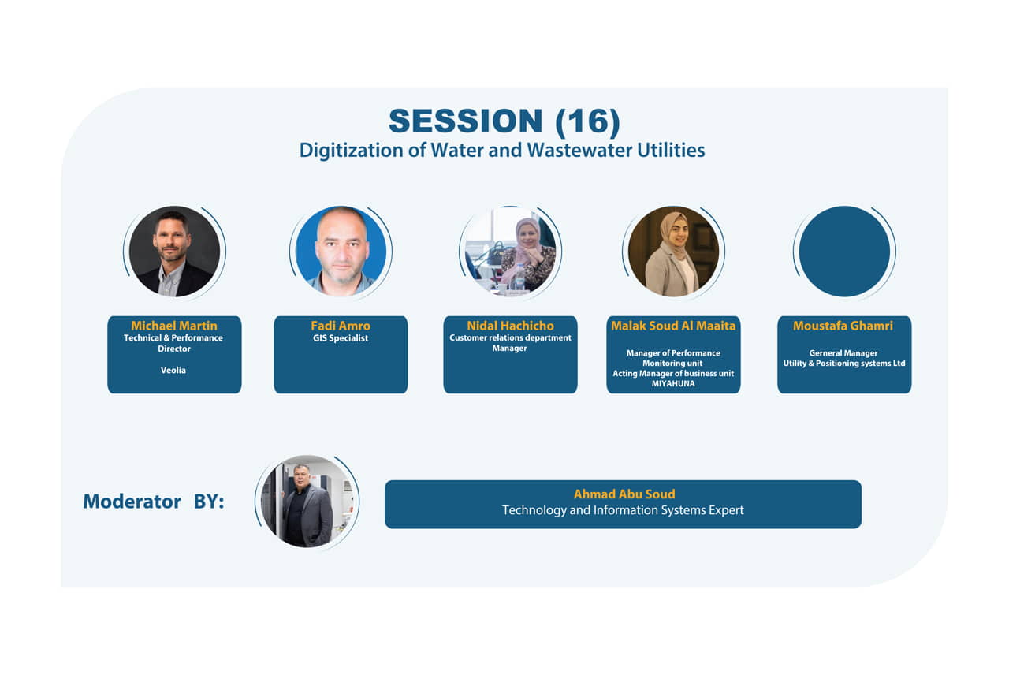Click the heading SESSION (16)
click(x=504, y=121)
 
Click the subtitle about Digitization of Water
click(x=502, y=151)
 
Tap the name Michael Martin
click(x=174, y=326)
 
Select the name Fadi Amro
click(x=341, y=326)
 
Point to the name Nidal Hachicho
click(x=510, y=326)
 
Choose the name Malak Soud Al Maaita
click(x=673, y=326)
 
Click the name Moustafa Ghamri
click(x=843, y=326)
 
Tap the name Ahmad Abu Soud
click(x=624, y=494)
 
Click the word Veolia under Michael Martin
click(x=173, y=370)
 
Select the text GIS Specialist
click(x=341, y=338)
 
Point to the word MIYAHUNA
click(x=673, y=383)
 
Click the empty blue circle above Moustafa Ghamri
click(x=844, y=252)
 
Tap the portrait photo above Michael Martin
click(x=175, y=252)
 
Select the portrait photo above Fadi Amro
click(x=341, y=252)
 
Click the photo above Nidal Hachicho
click(x=510, y=252)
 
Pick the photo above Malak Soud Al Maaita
click(x=673, y=252)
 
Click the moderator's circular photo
click(x=307, y=502)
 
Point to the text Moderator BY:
click(x=154, y=502)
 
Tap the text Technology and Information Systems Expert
click(x=623, y=510)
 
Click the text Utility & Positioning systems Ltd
click(x=844, y=364)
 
